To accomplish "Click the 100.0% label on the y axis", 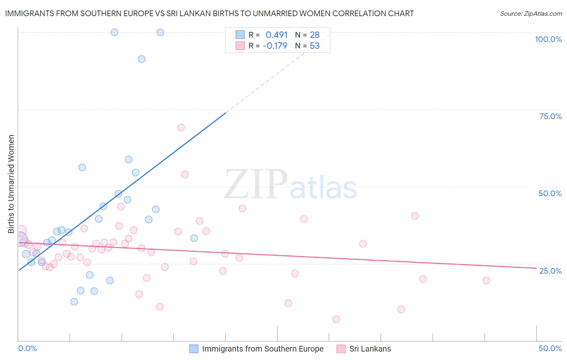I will tap(548, 39).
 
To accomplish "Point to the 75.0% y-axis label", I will tap(550, 116).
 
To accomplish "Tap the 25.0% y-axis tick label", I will tap(550, 270).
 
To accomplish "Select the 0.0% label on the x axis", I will tap(27, 348).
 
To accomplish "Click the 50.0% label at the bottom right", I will tap(550, 348).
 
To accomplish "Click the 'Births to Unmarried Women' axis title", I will tap(11, 184).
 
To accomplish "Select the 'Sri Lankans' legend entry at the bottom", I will tap(370, 349).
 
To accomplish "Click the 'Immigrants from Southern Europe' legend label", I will tap(263, 349).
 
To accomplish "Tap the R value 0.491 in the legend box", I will tap(276, 35).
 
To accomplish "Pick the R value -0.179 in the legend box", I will tap(275, 46).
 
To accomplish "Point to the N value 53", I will tap(315, 46).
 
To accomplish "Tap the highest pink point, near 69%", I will tap(181, 128).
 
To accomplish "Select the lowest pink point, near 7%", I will tap(336, 319).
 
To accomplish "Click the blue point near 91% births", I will tap(142, 59).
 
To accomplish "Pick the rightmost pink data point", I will tap(486, 280).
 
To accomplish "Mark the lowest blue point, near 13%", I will tap(74, 301).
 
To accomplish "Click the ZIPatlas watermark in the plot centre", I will tap(290, 185).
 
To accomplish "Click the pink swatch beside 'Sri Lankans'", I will tap(341, 349).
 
